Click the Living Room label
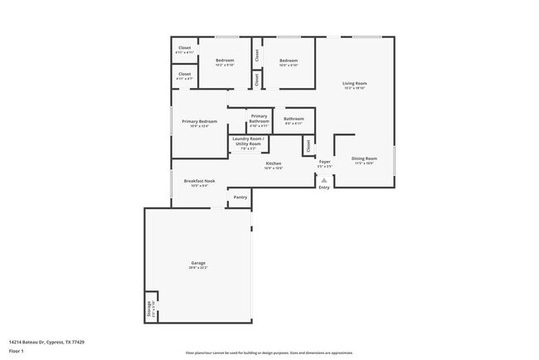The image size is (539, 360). (x=355, y=84)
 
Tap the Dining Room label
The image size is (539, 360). (x=364, y=158)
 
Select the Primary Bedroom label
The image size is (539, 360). (x=200, y=121)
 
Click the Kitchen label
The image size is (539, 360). (x=274, y=163)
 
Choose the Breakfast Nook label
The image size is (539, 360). (x=200, y=180)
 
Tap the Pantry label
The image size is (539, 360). (x=240, y=197)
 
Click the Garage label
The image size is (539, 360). (x=197, y=263)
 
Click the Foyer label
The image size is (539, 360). (x=324, y=162)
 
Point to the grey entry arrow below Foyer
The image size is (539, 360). (x=324, y=179)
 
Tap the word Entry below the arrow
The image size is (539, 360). (x=324, y=187)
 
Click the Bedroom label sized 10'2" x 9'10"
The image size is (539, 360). (x=225, y=61)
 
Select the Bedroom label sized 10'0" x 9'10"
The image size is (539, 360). (x=289, y=61)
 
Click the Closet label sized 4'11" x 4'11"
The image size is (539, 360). (x=185, y=48)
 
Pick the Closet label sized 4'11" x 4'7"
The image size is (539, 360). (x=185, y=75)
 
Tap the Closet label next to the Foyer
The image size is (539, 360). (x=307, y=146)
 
